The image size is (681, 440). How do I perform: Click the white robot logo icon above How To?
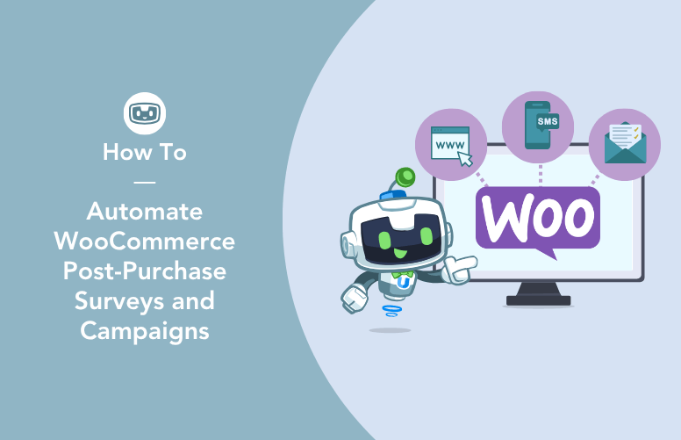145,113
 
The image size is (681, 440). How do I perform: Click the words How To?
145,152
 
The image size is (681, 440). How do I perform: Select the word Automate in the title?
145,212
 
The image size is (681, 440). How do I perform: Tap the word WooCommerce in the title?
145,242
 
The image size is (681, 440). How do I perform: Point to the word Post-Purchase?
145,271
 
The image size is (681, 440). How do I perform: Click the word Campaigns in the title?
145,331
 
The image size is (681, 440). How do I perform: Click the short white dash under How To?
145,182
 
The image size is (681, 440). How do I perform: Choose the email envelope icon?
624,144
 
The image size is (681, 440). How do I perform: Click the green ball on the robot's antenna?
405,178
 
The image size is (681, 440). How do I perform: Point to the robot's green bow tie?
402,270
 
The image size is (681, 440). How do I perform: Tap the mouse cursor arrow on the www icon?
464,158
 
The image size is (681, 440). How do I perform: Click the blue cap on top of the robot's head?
389,195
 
